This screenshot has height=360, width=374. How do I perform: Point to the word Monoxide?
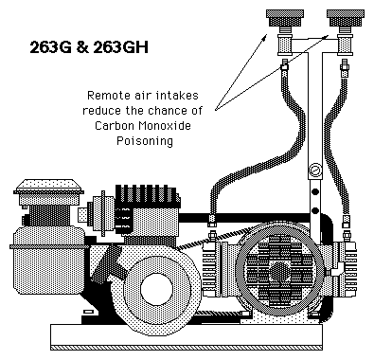point(165,125)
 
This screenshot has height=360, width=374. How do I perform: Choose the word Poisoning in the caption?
point(145,140)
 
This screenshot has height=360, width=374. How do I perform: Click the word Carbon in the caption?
point(115,125)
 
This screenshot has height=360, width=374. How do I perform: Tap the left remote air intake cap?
point(285,18)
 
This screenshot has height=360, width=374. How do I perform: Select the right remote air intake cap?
point(346,18)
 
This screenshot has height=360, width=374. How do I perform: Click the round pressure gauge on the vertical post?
point(315,171)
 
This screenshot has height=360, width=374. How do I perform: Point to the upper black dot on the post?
point(315,191)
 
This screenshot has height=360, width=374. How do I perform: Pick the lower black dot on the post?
point(315,210)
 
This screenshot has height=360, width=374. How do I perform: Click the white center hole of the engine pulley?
point(156,289)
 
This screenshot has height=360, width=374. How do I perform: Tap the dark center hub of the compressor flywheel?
point(279,271)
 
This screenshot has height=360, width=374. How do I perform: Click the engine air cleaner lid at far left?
point(48,187)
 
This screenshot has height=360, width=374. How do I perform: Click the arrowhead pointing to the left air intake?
point(265,37)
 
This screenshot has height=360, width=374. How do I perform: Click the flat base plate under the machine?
point(187,337)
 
